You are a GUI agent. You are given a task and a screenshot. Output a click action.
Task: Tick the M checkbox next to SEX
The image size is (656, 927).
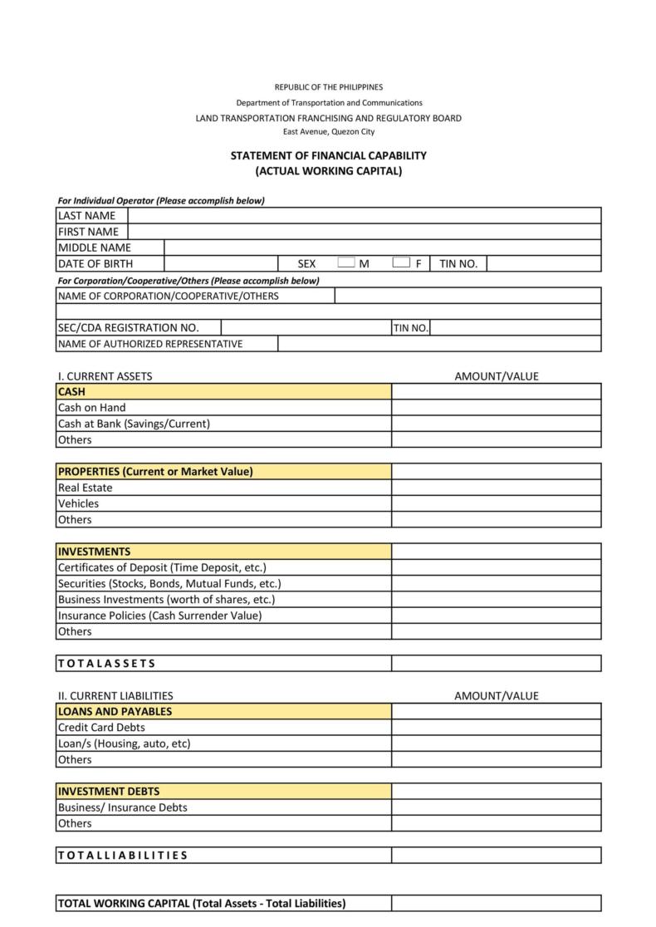(346, 263)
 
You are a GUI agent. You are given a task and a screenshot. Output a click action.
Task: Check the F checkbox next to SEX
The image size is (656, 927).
(401, 263)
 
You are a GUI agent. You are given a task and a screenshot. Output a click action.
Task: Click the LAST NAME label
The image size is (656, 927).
(86, 216)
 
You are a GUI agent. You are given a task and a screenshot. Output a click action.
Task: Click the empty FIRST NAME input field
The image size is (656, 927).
(364, 232)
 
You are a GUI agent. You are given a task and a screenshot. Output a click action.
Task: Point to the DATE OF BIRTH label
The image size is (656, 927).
(95, 264)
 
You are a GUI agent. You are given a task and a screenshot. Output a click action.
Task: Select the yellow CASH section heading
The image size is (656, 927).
(71, 391)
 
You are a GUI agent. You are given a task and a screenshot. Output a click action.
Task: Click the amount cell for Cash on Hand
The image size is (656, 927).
(496, 408)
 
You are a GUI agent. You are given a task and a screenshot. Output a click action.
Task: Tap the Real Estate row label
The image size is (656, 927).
(85, 488)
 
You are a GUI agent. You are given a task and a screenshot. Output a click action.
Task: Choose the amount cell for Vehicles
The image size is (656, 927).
(496, 503)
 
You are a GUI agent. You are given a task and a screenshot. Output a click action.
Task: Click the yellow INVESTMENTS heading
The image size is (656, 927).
(94, 552)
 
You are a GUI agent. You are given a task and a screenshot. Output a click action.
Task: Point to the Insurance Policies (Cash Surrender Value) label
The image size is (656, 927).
(159, 616)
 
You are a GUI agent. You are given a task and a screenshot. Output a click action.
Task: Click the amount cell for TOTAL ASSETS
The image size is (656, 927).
(496, 664)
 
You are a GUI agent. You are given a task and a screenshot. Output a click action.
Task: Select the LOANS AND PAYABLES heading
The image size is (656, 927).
(115, 711)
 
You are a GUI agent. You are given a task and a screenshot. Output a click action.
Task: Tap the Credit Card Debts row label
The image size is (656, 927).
(101, 728)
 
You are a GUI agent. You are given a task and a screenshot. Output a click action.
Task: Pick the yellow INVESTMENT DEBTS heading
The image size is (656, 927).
(109, 792)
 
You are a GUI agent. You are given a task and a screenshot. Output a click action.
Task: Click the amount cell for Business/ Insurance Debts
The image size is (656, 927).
(496, 807)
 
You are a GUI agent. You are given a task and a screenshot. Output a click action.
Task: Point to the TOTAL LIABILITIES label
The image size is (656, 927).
(123, 856)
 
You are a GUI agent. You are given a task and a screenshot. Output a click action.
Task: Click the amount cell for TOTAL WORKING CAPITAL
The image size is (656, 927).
(496, 904)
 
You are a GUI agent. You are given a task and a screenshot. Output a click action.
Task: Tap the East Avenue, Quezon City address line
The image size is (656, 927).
(328, 132)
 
